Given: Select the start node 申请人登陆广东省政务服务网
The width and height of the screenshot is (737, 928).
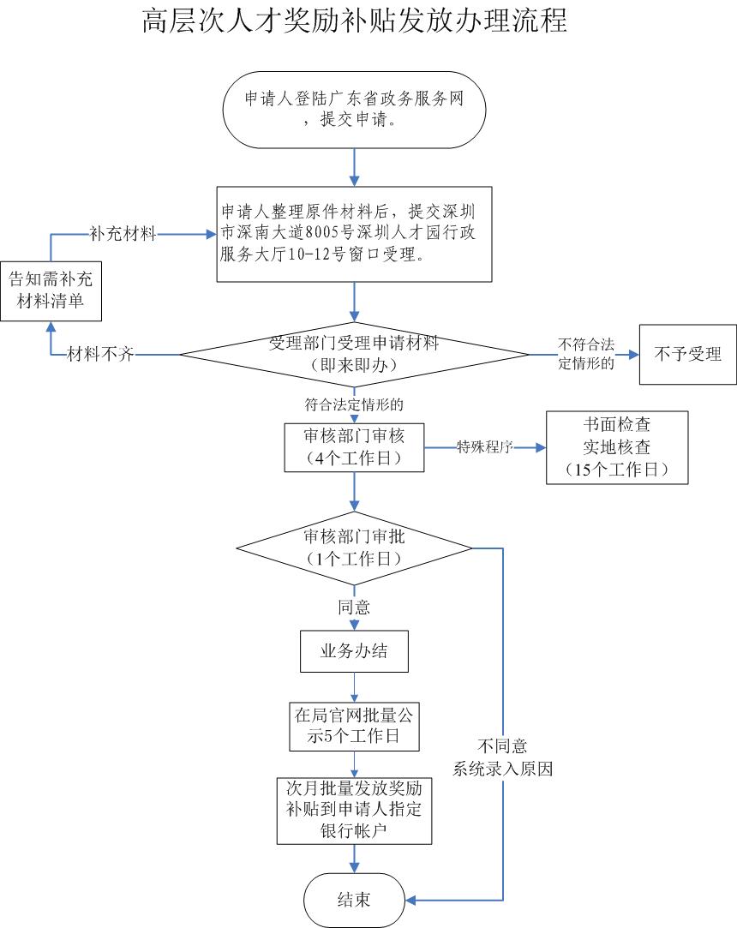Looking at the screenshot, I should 354,109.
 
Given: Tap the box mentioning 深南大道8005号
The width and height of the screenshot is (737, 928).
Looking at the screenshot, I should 354,234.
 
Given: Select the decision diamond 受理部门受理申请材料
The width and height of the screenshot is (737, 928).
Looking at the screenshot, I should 354,354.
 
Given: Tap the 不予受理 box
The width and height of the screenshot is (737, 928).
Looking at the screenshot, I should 687,354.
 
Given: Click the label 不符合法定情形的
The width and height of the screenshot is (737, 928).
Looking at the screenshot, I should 587,353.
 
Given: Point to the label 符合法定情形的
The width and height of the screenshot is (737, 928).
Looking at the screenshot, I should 354,403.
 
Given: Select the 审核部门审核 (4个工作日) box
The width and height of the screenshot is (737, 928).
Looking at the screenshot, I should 354,446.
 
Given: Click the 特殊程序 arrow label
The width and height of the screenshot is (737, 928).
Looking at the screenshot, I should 484,447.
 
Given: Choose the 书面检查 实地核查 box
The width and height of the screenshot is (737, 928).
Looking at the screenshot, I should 616,447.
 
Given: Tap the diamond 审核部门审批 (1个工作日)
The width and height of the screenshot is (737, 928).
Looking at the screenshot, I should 354,548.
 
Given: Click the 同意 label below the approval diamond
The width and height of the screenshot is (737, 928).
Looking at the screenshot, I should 354,608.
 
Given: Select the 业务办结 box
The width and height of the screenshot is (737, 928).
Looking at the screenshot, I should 354,651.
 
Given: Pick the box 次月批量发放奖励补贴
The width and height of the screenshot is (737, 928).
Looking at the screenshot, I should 354,810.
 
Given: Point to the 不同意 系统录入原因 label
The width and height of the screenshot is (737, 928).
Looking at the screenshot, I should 503,757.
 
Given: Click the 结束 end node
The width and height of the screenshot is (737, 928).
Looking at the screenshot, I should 354,900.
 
